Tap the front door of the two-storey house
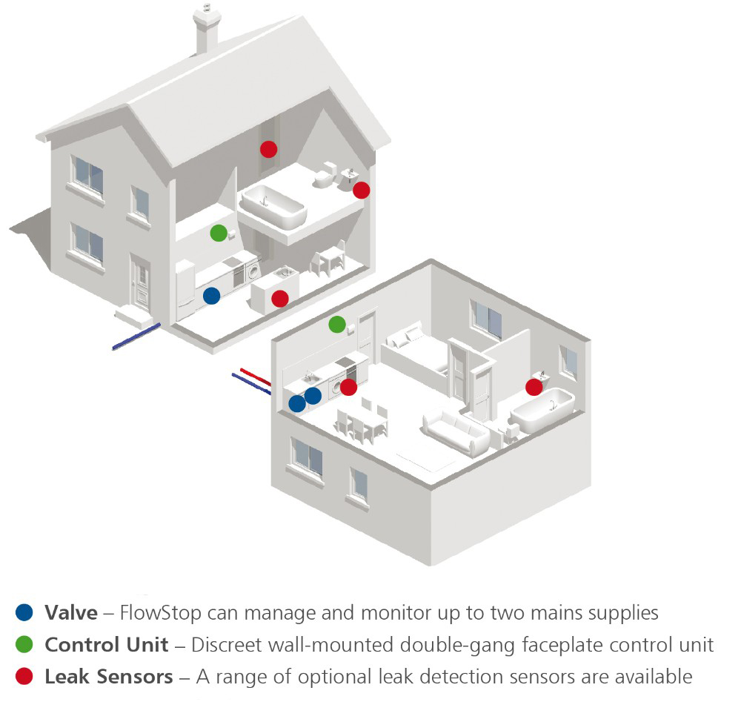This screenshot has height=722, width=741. coord(140,282)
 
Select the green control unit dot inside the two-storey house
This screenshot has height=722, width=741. coord(218,233)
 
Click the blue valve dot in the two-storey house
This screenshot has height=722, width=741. coord(211,296)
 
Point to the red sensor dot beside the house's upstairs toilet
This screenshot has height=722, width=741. coord(361,190)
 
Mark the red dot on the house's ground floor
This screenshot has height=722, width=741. coord(279,298)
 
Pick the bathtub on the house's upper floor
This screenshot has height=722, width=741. coord(273,207)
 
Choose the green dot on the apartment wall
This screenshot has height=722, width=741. coord(336,324)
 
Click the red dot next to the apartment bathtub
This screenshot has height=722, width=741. coord(534,386)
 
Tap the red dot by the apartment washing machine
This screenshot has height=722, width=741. coord(348,386)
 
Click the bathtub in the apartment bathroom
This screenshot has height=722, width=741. coord(545,410)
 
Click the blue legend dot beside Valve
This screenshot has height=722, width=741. coord(24,612)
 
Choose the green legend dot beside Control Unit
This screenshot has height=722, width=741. coord(24,644)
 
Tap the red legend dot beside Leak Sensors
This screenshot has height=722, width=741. coord(24,676)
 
